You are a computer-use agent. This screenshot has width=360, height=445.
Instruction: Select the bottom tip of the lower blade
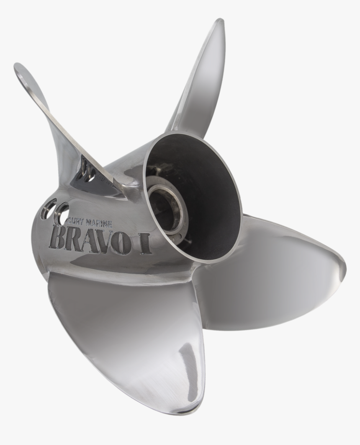[x=195, y=409]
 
